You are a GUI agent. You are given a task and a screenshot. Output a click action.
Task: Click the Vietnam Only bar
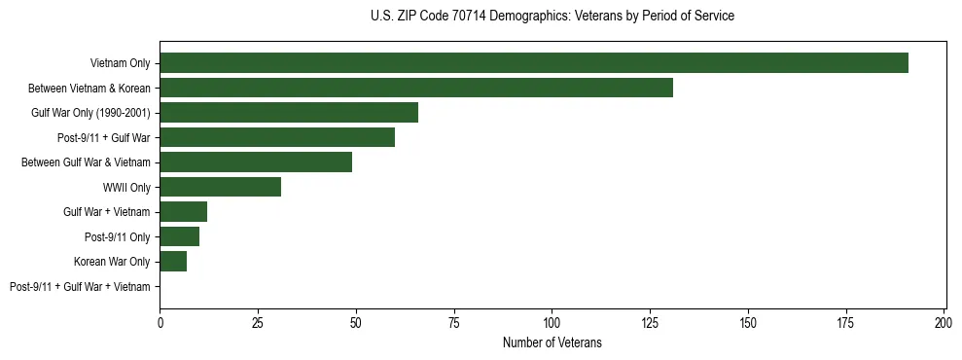(534, 63)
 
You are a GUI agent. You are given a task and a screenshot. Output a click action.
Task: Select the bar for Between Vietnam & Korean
(416, 88)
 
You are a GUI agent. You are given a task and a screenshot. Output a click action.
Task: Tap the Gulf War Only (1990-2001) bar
(289, 113)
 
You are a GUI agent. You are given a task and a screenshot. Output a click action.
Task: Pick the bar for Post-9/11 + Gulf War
(277, 137)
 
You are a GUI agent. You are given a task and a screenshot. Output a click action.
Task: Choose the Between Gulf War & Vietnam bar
(256, 162)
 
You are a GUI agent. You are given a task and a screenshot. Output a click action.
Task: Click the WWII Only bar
(221, 187)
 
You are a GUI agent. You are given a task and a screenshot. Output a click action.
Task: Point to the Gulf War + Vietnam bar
(184, 212)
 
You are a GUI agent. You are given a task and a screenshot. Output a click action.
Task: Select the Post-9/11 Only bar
(180, 236)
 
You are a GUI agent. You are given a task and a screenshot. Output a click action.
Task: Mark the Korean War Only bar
(173, 262)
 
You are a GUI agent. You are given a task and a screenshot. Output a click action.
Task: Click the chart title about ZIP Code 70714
(552, 17)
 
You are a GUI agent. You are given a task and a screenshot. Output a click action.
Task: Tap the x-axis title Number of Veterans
(552, 342)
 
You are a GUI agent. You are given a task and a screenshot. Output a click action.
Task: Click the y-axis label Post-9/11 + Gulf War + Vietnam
(80, 287)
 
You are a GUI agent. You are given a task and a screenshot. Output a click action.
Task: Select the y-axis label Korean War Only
(112, 262)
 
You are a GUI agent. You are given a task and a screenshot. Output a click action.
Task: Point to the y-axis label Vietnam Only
(120, 63)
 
